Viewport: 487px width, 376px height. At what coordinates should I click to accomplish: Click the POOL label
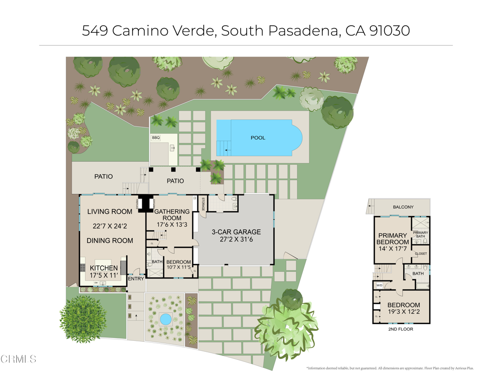(258, 138)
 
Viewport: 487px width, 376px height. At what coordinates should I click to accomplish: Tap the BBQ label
(156, 138)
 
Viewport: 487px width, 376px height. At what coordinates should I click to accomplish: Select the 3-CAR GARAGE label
(236, 232)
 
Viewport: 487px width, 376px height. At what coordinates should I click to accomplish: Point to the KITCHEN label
(104, 269)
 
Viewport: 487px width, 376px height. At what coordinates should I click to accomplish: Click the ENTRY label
(136, 279)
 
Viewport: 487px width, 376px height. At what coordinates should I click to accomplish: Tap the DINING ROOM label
(110, 241)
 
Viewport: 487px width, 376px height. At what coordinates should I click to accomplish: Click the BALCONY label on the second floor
(403, 207)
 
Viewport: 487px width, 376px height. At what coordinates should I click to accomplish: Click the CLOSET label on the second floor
(421, 254)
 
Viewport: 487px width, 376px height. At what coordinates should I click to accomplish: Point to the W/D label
(380, 286)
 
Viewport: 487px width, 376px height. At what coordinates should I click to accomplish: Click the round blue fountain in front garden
(165, 319)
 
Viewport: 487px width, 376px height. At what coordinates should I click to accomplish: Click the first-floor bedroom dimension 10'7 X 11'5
(179, 267)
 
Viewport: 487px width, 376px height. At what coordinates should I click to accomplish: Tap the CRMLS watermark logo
(19, 359)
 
